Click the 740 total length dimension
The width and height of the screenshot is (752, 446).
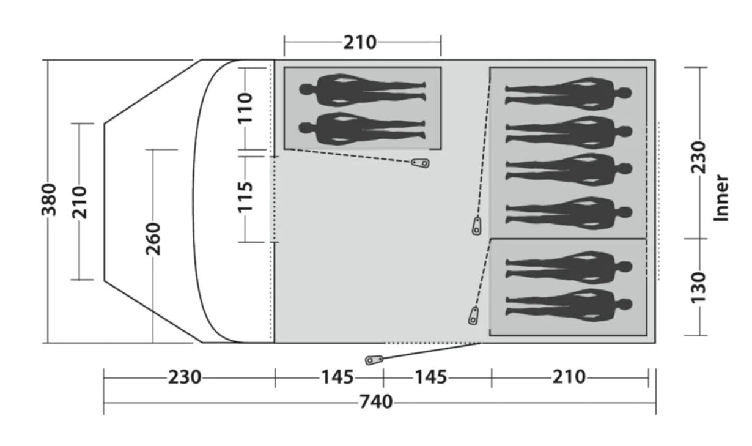point(376,402)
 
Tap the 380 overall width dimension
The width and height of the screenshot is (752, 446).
point(49,199)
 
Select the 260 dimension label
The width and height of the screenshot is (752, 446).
point(153,239)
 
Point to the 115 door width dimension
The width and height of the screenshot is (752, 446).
point(245,197)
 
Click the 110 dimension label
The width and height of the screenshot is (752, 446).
point(245,108)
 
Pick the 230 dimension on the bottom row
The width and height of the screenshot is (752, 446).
point(184,377)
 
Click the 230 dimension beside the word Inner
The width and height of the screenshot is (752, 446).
point(698,157)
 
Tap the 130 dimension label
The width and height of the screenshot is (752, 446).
point(698,288)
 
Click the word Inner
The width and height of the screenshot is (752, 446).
point(721,198)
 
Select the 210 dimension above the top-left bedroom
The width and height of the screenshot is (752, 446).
point(359,43)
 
